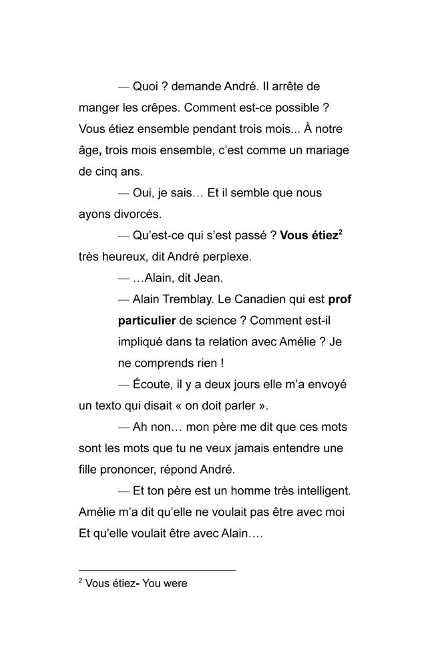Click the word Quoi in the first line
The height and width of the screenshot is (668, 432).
tap(146, 87)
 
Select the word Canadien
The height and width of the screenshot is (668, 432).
tap(265, 299)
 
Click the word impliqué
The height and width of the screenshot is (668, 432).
tap(142, 342)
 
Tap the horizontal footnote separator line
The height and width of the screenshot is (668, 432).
tap(157, 570)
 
